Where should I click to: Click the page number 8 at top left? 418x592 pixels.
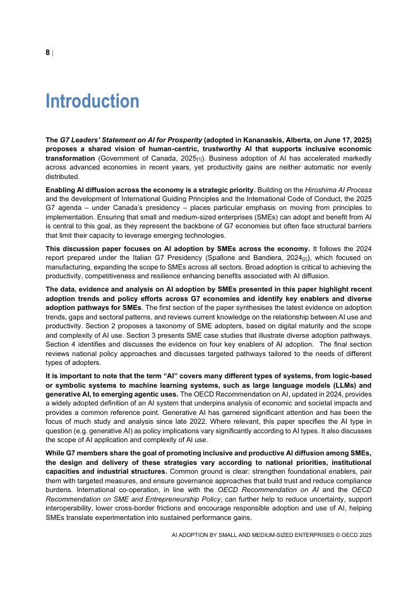click(x=47, y=52)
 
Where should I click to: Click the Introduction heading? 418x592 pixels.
click(x=92, y=101)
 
